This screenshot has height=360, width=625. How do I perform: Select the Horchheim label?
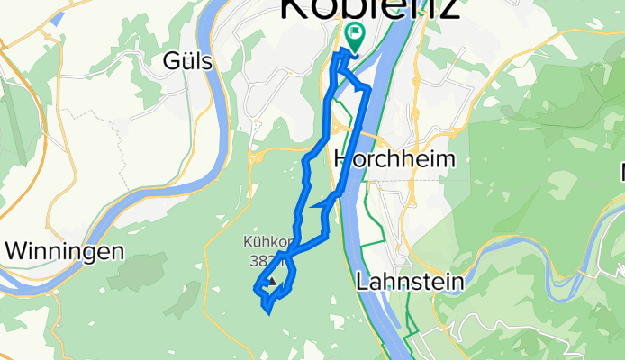(394, 159)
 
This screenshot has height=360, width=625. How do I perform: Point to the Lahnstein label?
(410, 281)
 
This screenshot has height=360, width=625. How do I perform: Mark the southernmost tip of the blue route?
(267, 313)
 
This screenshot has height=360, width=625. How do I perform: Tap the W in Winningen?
(15, 250)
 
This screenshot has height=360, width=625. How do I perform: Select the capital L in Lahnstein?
(362, 281)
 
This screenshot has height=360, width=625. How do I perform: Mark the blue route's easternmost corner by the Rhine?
(369, 88)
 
